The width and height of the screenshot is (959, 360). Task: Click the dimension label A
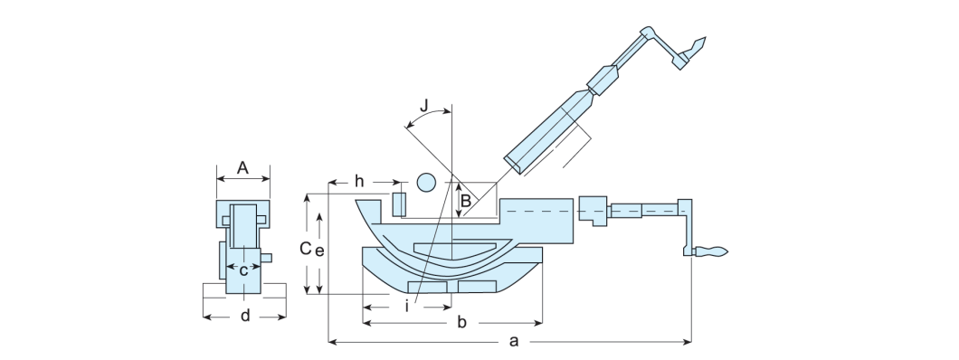[x=242, y=168]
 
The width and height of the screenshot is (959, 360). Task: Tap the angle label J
[x=424, y=105]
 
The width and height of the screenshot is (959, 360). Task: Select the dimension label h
[x=359, y=182]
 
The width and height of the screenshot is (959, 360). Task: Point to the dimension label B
[x=466, y=201]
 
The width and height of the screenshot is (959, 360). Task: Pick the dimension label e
[x=319, y=250]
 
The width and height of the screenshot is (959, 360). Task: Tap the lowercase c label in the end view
[x=243, y=270]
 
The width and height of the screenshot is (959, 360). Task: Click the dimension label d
[x=245, y=316]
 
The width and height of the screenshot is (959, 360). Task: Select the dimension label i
[x=407, y=306]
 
